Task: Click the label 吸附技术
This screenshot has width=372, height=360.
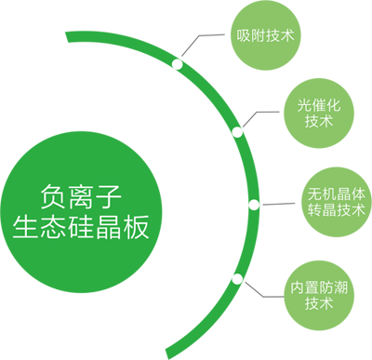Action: (x=265, y=36)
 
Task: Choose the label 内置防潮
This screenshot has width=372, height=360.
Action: (x=319, y=287)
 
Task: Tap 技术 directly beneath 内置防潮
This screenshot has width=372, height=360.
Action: (x=319, y=303)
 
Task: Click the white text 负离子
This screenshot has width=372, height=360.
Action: (x=83, y=195)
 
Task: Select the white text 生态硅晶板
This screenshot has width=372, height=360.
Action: (x=82, y=227)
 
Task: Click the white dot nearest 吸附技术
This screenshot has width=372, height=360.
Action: (x=177, y=64)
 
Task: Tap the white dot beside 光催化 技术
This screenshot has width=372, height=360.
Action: (x=237, y=133)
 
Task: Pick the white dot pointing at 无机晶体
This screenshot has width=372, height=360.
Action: (x=254, y=205)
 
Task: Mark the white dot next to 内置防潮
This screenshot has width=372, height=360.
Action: (x=238, y=277)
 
